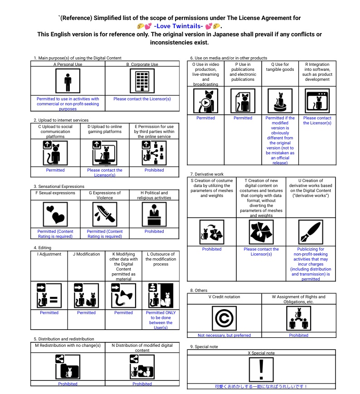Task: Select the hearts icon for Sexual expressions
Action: click(55, 214)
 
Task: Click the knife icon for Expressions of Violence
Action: click(105, 214)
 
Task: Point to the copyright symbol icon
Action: click(224, 318)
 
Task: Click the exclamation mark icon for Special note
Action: click(261, 369)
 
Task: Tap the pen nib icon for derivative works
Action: click(311, 232)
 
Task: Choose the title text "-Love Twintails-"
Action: click(178, 26)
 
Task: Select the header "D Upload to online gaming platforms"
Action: click(105, 129)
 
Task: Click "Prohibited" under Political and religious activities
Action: click(154, 231)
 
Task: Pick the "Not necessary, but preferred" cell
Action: click(224, 335)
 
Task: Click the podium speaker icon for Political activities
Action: click(154, 214)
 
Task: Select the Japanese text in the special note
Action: click(261, 386)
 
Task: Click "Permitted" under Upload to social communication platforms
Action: click(55, 170)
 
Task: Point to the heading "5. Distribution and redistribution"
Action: click(64, 339)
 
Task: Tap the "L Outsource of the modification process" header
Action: click(161, 259)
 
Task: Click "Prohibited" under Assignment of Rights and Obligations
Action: click(298, 335)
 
